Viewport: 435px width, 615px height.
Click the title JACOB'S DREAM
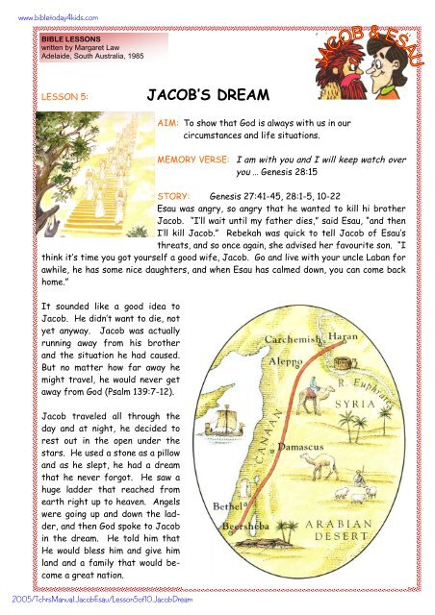pyautogui.click(x=206, y=98)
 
